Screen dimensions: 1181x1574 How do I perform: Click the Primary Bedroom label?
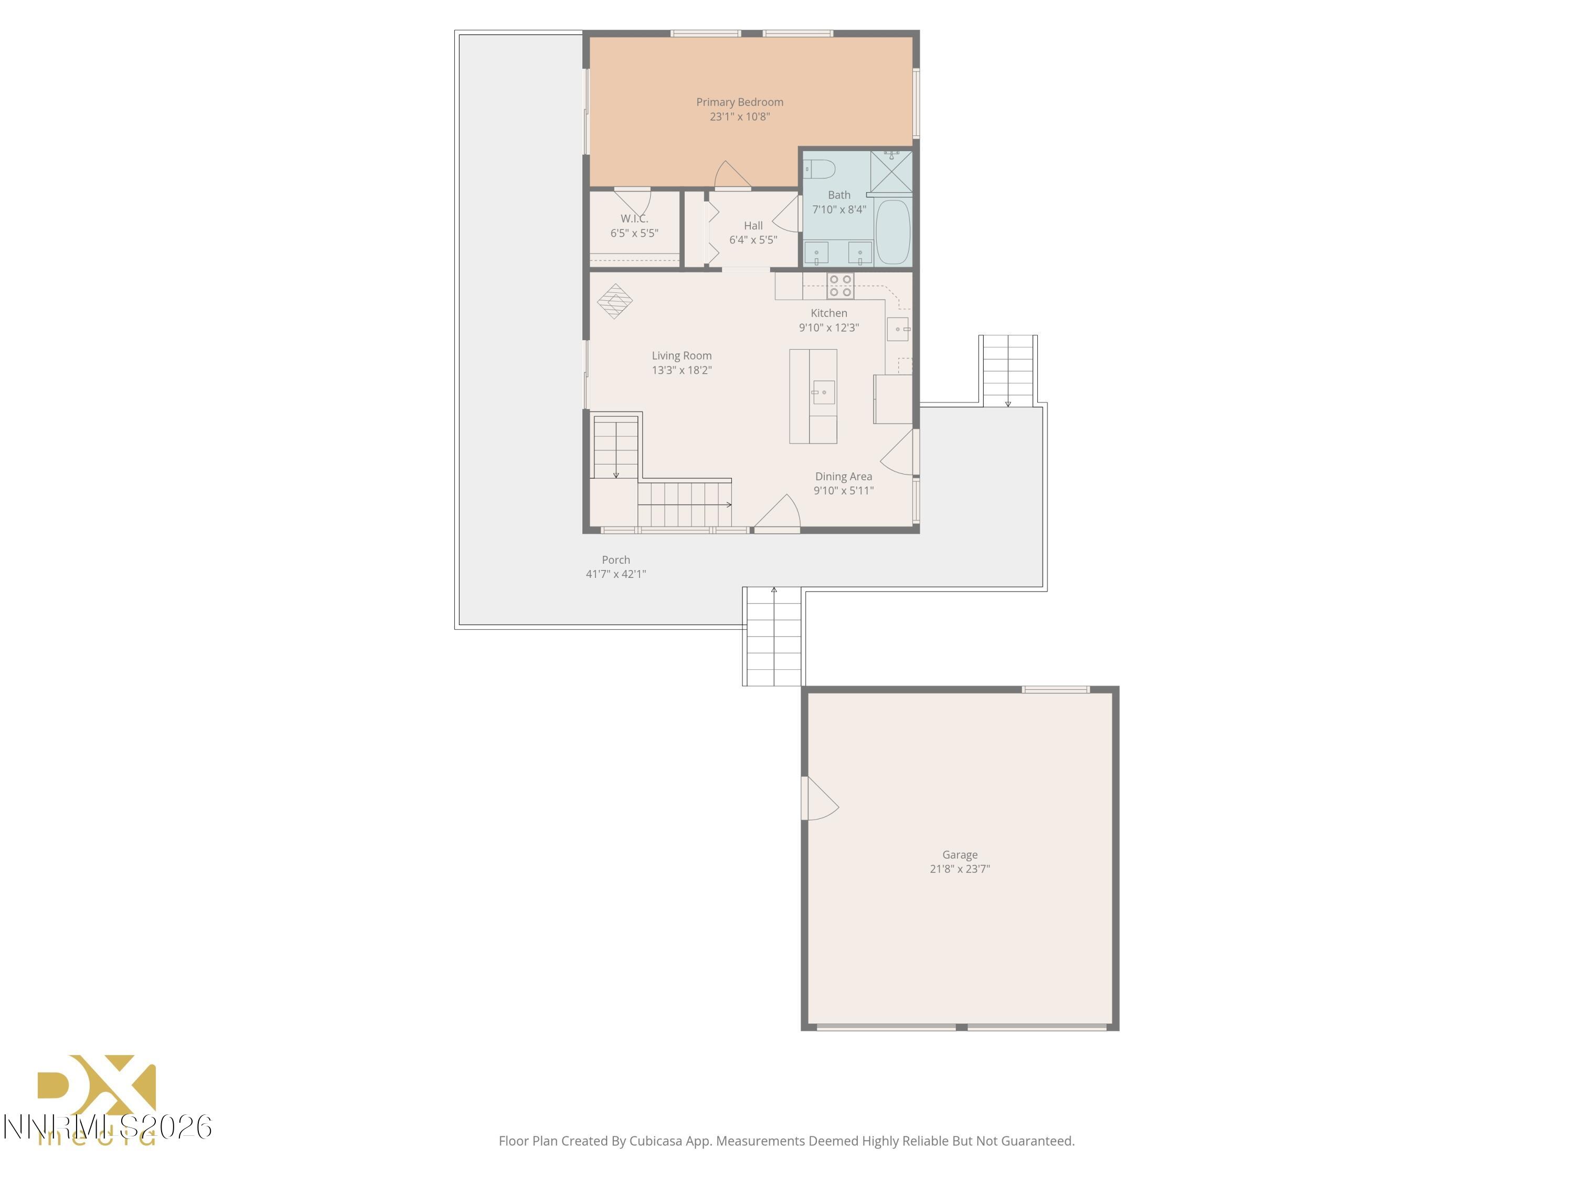(739, 102)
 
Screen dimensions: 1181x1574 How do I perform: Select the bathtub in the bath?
(892, 232)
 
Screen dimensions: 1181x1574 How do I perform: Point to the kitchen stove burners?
(841, 286)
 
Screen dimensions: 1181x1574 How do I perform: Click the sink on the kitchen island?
(823, 392)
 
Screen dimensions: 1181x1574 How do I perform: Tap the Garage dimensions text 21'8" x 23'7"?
(959, 869)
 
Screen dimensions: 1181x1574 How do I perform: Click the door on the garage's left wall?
(818, 799)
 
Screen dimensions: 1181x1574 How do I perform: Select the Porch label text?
(615, 560)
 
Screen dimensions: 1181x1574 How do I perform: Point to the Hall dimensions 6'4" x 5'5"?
(753, 240)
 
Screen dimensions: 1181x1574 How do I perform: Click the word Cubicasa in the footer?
(656, 1141)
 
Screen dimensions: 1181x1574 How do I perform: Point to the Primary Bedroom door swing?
(732, 176)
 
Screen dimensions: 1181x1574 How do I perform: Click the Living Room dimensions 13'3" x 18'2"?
(682, 370)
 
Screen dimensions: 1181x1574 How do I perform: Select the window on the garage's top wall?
(1055, 689)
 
